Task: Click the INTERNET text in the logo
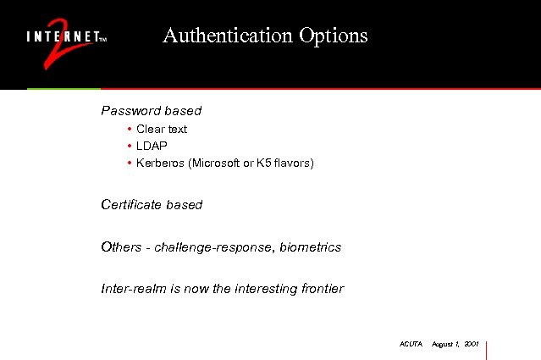click(63, 38)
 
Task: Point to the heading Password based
click(151, 111)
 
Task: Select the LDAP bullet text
click(152, 146)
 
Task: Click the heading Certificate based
click(152, 205)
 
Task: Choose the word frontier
click(322, 289)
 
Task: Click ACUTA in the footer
click(411, 344)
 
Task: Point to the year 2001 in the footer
click(472, 344)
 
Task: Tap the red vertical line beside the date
click(487, 349)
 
